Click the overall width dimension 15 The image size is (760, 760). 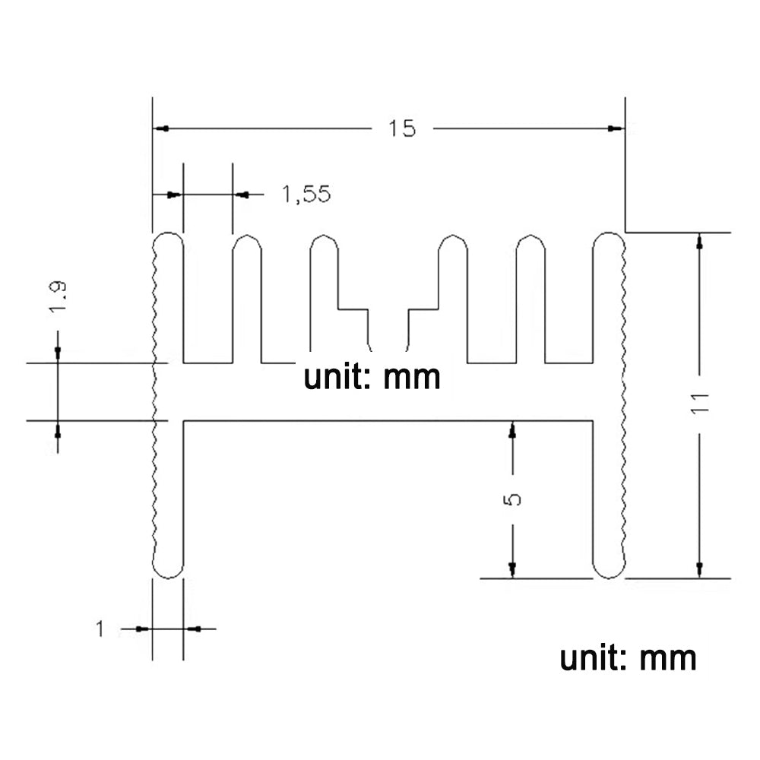403,128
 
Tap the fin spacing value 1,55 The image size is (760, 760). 306,195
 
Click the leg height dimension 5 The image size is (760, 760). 512,499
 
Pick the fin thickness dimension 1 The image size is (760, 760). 100,629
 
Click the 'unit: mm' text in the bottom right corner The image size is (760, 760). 628,657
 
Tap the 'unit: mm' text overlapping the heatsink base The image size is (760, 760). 372,377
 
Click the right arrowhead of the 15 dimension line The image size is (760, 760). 616,128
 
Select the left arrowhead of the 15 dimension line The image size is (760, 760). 160,128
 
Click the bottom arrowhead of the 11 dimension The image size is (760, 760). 700,570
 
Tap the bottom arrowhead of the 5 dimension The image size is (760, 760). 512,570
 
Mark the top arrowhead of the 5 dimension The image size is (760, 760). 512,429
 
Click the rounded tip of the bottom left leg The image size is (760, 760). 168,570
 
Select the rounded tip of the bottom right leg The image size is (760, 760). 608,570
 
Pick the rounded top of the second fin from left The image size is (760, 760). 247,242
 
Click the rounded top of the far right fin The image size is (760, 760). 608,239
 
